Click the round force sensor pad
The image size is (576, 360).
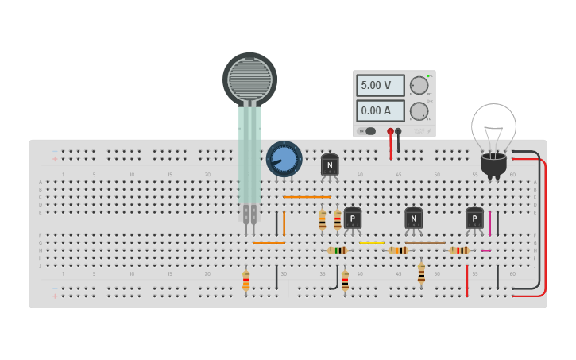click(x=249, y=78)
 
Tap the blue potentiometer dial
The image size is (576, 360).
click(x=284, y=159)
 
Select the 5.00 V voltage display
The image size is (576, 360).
click(x=380, y=85)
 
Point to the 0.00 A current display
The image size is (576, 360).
click(x=380, y=110)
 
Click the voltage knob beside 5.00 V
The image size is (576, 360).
click(x=419, y=86)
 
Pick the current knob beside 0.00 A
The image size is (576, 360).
click(x=419, y=111)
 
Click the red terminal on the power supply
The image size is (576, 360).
click(x=390, y=131)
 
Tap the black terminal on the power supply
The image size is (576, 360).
click(x=398, y=131)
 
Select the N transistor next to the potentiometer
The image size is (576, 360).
click(x=330, y=165)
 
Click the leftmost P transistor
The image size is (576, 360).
click(x=352, y=218)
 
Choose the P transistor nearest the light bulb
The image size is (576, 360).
click(x=474, y=218)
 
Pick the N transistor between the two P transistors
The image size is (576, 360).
click(x=413, y=218)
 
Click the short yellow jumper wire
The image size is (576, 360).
click(x=371, y=242)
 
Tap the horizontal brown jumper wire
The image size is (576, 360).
click(x=425, y=242)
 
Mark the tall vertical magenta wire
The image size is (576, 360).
click(x=489, y=223)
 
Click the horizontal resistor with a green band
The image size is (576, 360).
click(x=337, y=250)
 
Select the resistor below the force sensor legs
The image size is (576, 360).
click(x=245, y=281)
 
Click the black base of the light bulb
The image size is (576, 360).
click(x=493, y=165)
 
